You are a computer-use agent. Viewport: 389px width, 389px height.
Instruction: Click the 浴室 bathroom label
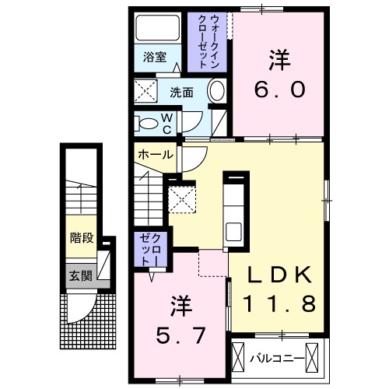(x=156, y=57)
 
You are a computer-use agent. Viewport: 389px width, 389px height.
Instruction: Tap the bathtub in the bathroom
(x=158, y=29)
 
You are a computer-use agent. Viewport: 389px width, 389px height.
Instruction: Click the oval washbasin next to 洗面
(x=217, y=91)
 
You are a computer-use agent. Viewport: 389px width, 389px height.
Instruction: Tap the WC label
(x=166, y=122)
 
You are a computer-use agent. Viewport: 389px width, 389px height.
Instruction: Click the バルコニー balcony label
(x=276, y=359)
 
